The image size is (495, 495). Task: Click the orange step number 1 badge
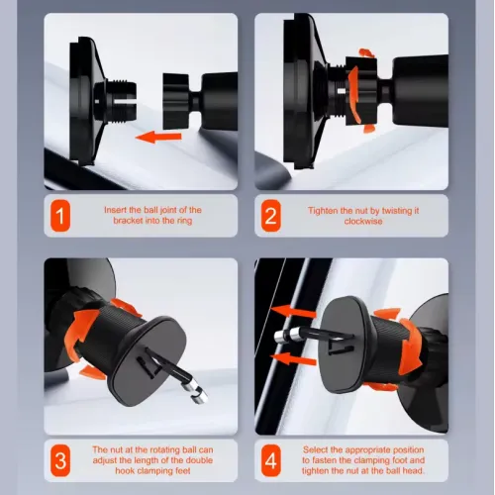tap(60, 216)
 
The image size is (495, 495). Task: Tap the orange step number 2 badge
tap(270, 216)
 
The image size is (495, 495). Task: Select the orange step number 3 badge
tap(60, 460)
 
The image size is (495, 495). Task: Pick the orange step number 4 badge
tap(271, 460)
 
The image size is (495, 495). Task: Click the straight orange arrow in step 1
tap(158, 137)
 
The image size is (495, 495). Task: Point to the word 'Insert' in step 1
tap(116, 210)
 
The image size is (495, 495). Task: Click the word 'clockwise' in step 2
tap(363, 221)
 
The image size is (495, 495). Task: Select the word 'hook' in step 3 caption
tap(125, 470)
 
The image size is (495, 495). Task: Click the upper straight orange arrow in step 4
tap(293, 312)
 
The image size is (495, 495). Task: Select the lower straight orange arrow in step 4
tap(293, 358)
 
